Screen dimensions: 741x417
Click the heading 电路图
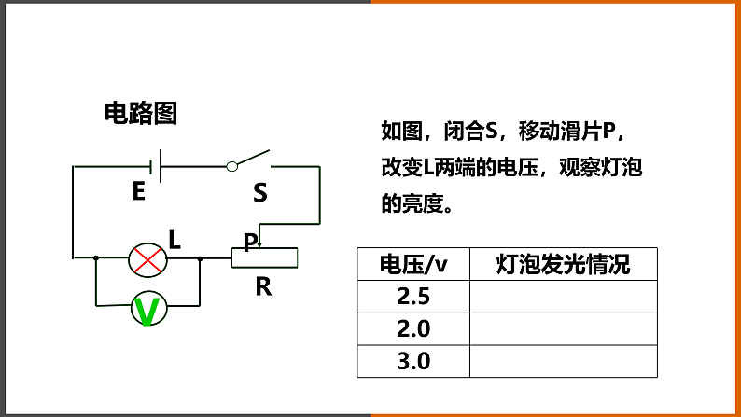[x=140, y=114]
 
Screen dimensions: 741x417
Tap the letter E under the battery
[x=138, y=192]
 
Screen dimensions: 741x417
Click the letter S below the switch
[x=259, y=193]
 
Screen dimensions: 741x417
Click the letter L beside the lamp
[x=175, y=240]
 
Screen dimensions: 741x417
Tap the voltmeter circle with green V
[x=147, y=309]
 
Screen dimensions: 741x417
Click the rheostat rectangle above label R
[x=265, y=257]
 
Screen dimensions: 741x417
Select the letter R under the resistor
[x=263, y=287]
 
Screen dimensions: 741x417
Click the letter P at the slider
[x=250, y=243]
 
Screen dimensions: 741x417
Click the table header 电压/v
[x=412, y=265]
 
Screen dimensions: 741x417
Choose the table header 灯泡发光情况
[x=563, y=265]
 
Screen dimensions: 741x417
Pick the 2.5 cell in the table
[x=412, y=298]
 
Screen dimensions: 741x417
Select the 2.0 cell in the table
[x=412, y=329]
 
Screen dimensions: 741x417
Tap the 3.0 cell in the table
[x=412, y=361]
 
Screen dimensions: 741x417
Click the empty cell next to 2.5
[x=563, y=298]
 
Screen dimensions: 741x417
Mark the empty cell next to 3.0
[x=563, y=361]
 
